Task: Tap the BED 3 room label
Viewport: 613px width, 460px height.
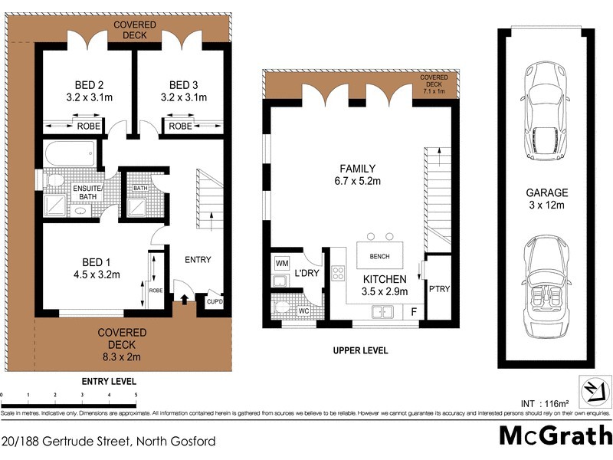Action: [x=185, y=85]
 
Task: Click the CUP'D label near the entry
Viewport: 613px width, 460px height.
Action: [x=214, y=302]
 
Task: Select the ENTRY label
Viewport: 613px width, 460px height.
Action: [x=198, y=260]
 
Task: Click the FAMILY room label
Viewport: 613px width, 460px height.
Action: [x=358, y=169]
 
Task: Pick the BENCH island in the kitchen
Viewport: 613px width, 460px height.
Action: [x=379, y=256]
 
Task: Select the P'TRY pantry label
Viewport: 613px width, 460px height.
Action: [x=439, y=289]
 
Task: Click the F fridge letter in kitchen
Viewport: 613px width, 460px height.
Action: [x=414, y=312]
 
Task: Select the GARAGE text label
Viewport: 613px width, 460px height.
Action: [x=546, y=193]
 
